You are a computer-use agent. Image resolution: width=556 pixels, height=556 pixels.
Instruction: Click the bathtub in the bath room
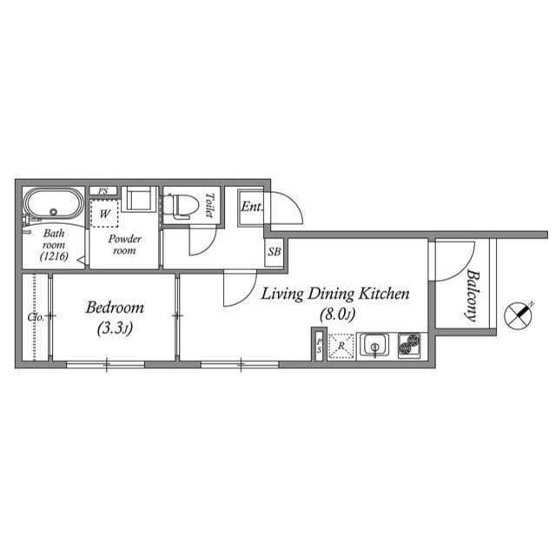pyautogui.click(x=53, y=206)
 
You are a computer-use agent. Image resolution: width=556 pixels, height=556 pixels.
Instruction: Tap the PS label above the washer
pyautogui.click(x=103, y=191)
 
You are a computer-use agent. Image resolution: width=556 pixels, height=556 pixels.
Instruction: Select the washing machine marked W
pyautogui.click(x=105, y=213)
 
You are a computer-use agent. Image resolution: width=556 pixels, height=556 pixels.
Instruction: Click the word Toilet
pyautogui.click(x=208, y=205)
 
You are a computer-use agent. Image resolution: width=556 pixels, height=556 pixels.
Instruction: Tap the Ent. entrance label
pyautogui.click(x=252, y=207)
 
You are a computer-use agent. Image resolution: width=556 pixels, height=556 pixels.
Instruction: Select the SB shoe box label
pyautogui.click(x=275, y=252)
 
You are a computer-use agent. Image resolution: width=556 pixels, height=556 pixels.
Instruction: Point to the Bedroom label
pyautogui.click(x=115, y=308)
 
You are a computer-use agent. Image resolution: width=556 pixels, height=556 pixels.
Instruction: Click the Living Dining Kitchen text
pyautogui.click(x=335, y=295)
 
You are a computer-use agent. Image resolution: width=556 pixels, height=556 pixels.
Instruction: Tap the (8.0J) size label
pyautogui.click(x=335, y=314)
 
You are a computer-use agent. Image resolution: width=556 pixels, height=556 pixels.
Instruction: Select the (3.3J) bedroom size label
pyautogui.click(x=115, y=328)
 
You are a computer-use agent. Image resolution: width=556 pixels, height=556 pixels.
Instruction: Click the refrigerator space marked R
pyautogui.click(x=341, y=346)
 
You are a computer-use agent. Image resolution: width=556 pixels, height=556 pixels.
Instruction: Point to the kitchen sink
pyautogui.click(x=375, y=346)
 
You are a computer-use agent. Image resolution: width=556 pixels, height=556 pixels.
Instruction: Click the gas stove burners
pyautogui.click(x=409, y=346)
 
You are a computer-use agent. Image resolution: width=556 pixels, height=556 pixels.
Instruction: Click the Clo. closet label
pyautogui.click(x=36, y=317)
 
